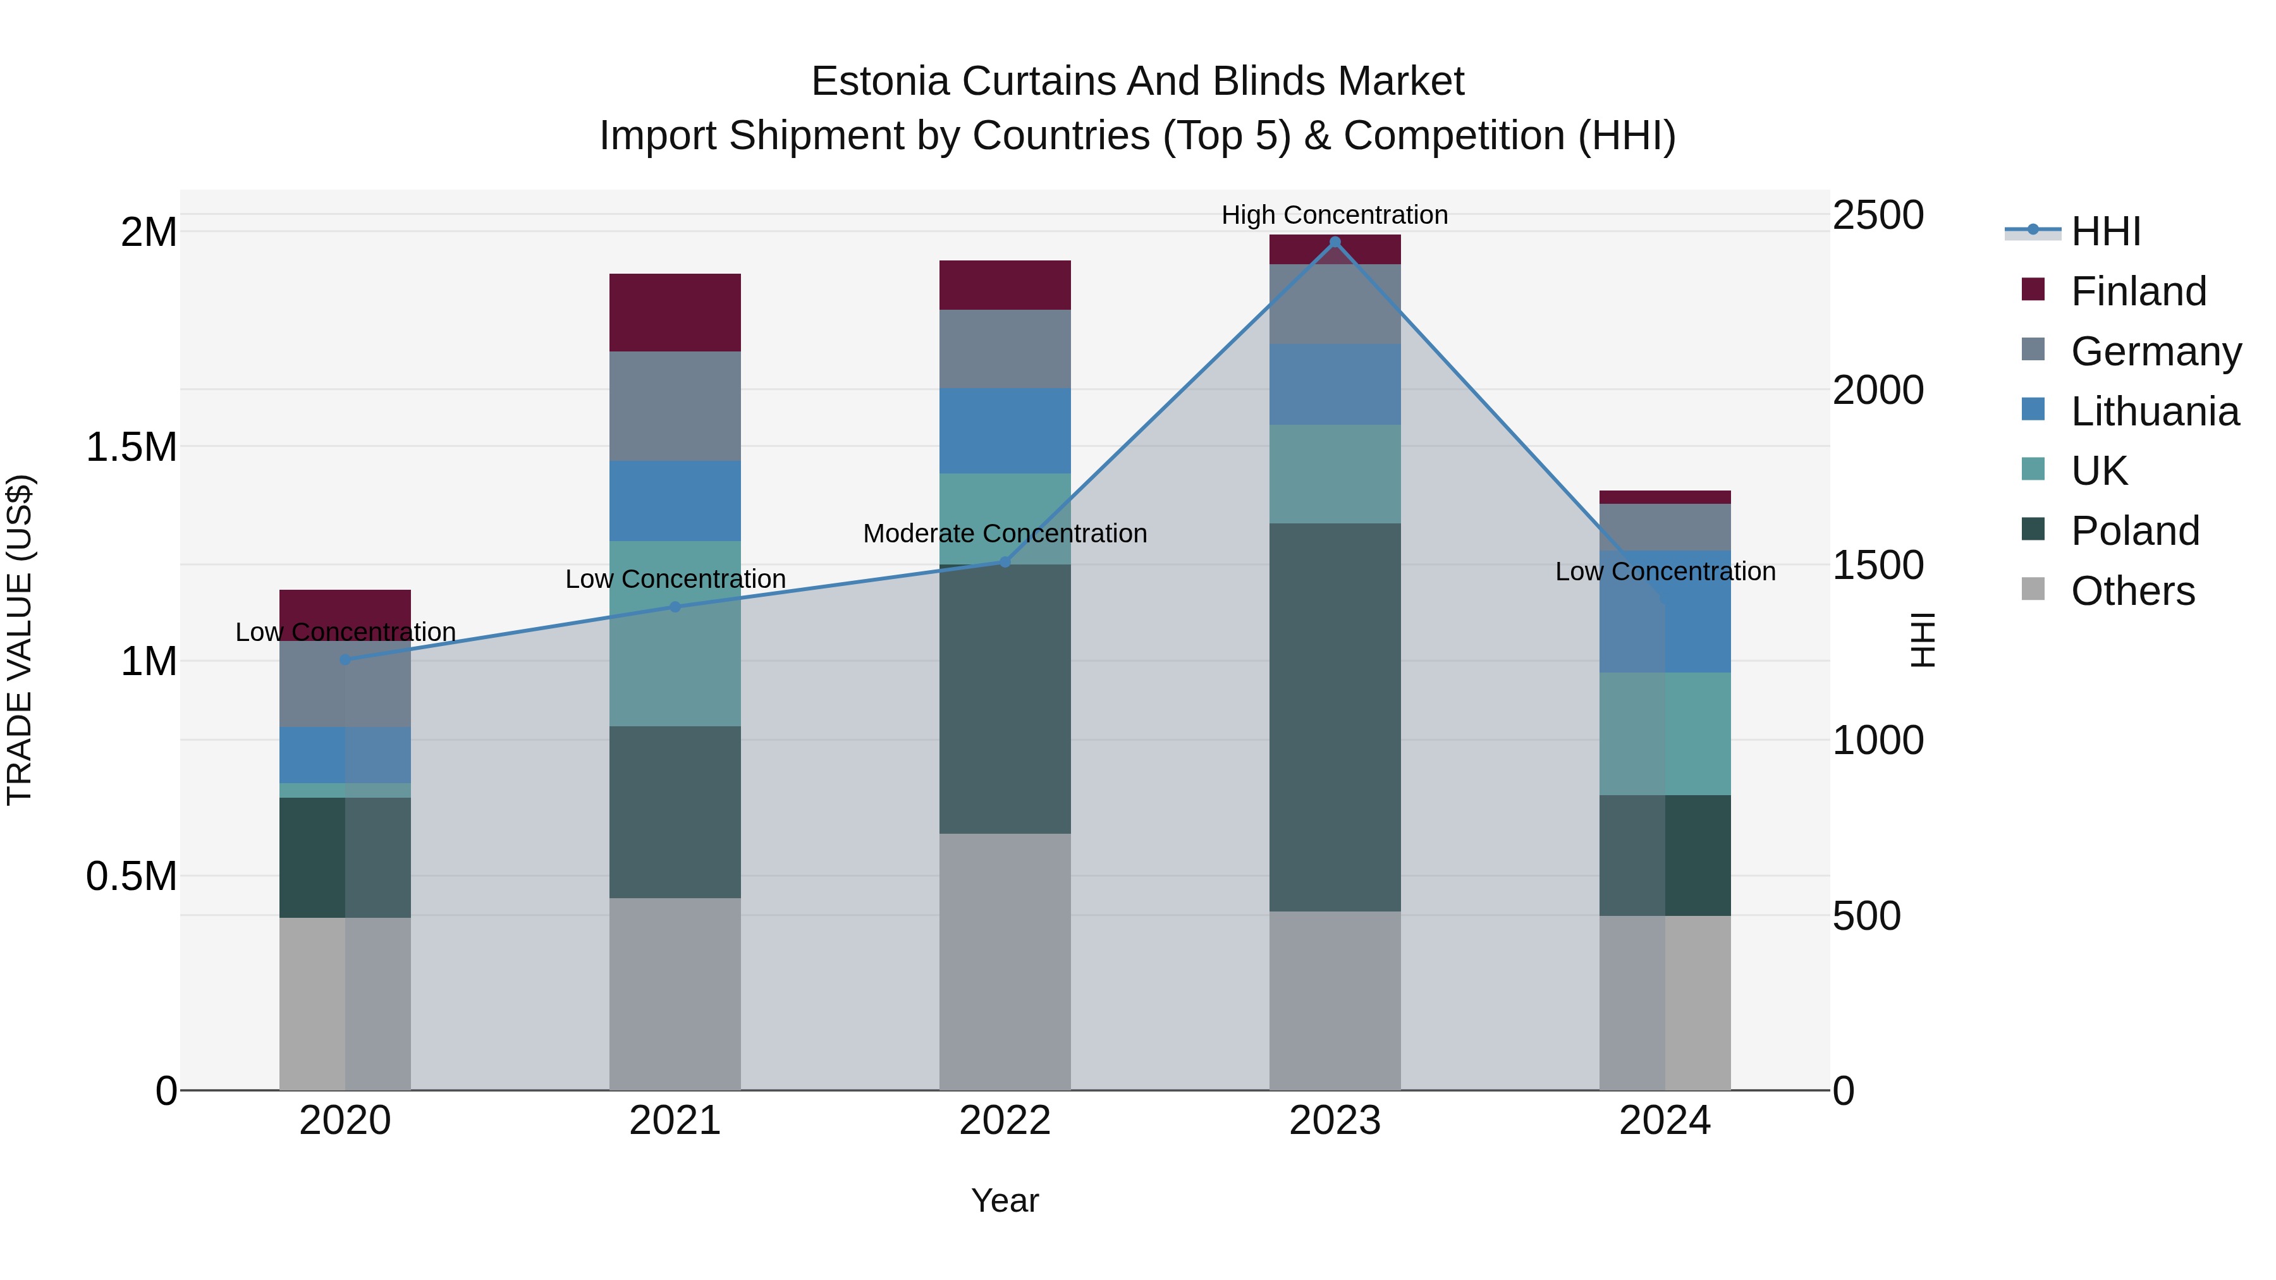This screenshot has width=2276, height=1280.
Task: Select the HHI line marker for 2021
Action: click(675, 607)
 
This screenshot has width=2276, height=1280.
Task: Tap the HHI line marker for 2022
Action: click(1005, 562)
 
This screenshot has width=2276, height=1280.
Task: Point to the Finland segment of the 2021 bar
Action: click(675, 313)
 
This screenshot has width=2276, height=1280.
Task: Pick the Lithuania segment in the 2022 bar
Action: click(1005, 430)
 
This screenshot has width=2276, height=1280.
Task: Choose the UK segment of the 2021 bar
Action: click(675, 633)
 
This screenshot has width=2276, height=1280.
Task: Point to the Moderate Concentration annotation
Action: click(1005, 533)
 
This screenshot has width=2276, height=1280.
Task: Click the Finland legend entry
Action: click(2138, 291)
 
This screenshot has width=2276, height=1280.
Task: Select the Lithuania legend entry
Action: click(2154, 411)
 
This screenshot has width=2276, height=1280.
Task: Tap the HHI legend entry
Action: click(2105, 231)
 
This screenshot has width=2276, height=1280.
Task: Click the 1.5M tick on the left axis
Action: click(131, 447)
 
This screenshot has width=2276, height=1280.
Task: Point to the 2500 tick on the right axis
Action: click(1878, 215)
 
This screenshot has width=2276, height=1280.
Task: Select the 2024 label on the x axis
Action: click(1664, 1120)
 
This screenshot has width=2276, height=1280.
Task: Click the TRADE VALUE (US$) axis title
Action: click(20, 640)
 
